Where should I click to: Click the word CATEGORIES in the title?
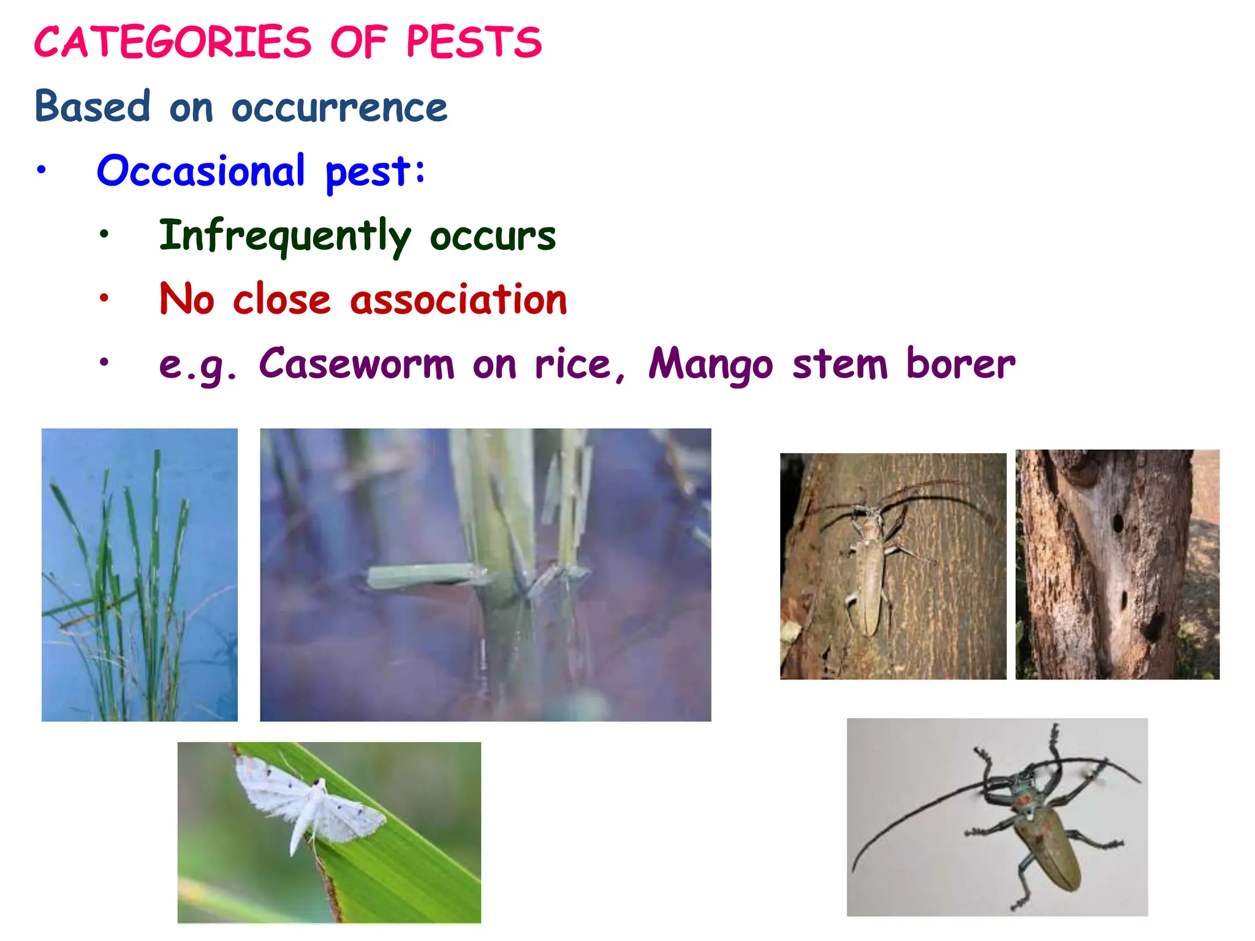point(173,43)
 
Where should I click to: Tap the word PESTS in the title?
point(474,43)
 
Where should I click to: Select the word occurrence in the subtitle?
point(339,108)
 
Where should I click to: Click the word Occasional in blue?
point(200,171)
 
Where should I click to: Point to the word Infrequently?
point(284,236)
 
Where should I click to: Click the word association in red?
point(458,300)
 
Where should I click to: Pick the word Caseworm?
point(357,364)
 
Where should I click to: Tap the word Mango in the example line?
point(711,365)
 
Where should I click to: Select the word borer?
point(960,364)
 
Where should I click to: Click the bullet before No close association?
point(104,298)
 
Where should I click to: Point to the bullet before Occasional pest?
point(41,170)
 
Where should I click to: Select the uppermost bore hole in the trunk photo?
point(1117,523)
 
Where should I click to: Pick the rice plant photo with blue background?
point(139,575)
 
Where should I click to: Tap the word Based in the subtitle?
point(93,107)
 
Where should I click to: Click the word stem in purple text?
point(840,364)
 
